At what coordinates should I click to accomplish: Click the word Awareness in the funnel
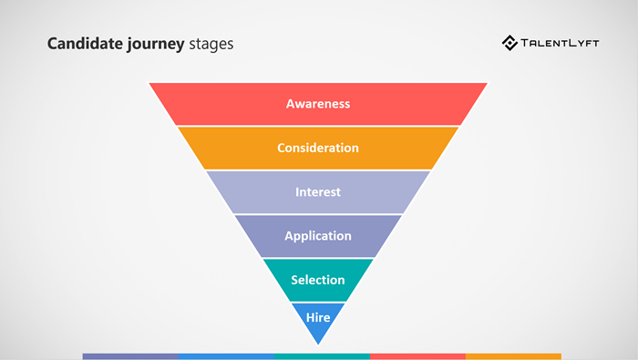tap(318, 104)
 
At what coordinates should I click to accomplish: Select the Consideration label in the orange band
tap(318, 148)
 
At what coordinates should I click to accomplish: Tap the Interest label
tap(318, 192)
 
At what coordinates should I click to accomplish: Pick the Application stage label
tap(318, 236)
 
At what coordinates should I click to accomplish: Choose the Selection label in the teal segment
tap(318, 280)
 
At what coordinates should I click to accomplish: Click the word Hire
tap(318, 318)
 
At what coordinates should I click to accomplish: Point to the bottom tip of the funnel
tap(318, 344)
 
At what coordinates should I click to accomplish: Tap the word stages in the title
tap(211, 44)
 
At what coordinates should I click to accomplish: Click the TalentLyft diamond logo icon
tap(510, 43)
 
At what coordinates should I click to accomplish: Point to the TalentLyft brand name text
tap(561, 43)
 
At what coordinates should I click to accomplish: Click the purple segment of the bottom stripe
tap(130, 355)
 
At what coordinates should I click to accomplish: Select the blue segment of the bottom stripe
tap(226, 355)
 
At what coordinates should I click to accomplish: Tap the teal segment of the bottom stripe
tap(322, 355)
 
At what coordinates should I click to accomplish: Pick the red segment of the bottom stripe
tap(417, 355)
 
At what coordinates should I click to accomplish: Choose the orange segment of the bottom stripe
tap(513, 355)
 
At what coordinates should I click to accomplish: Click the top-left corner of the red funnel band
tap(151, 84)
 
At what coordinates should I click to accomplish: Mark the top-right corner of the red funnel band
tap(486, 84)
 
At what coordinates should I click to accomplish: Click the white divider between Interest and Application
tap(318, 214)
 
